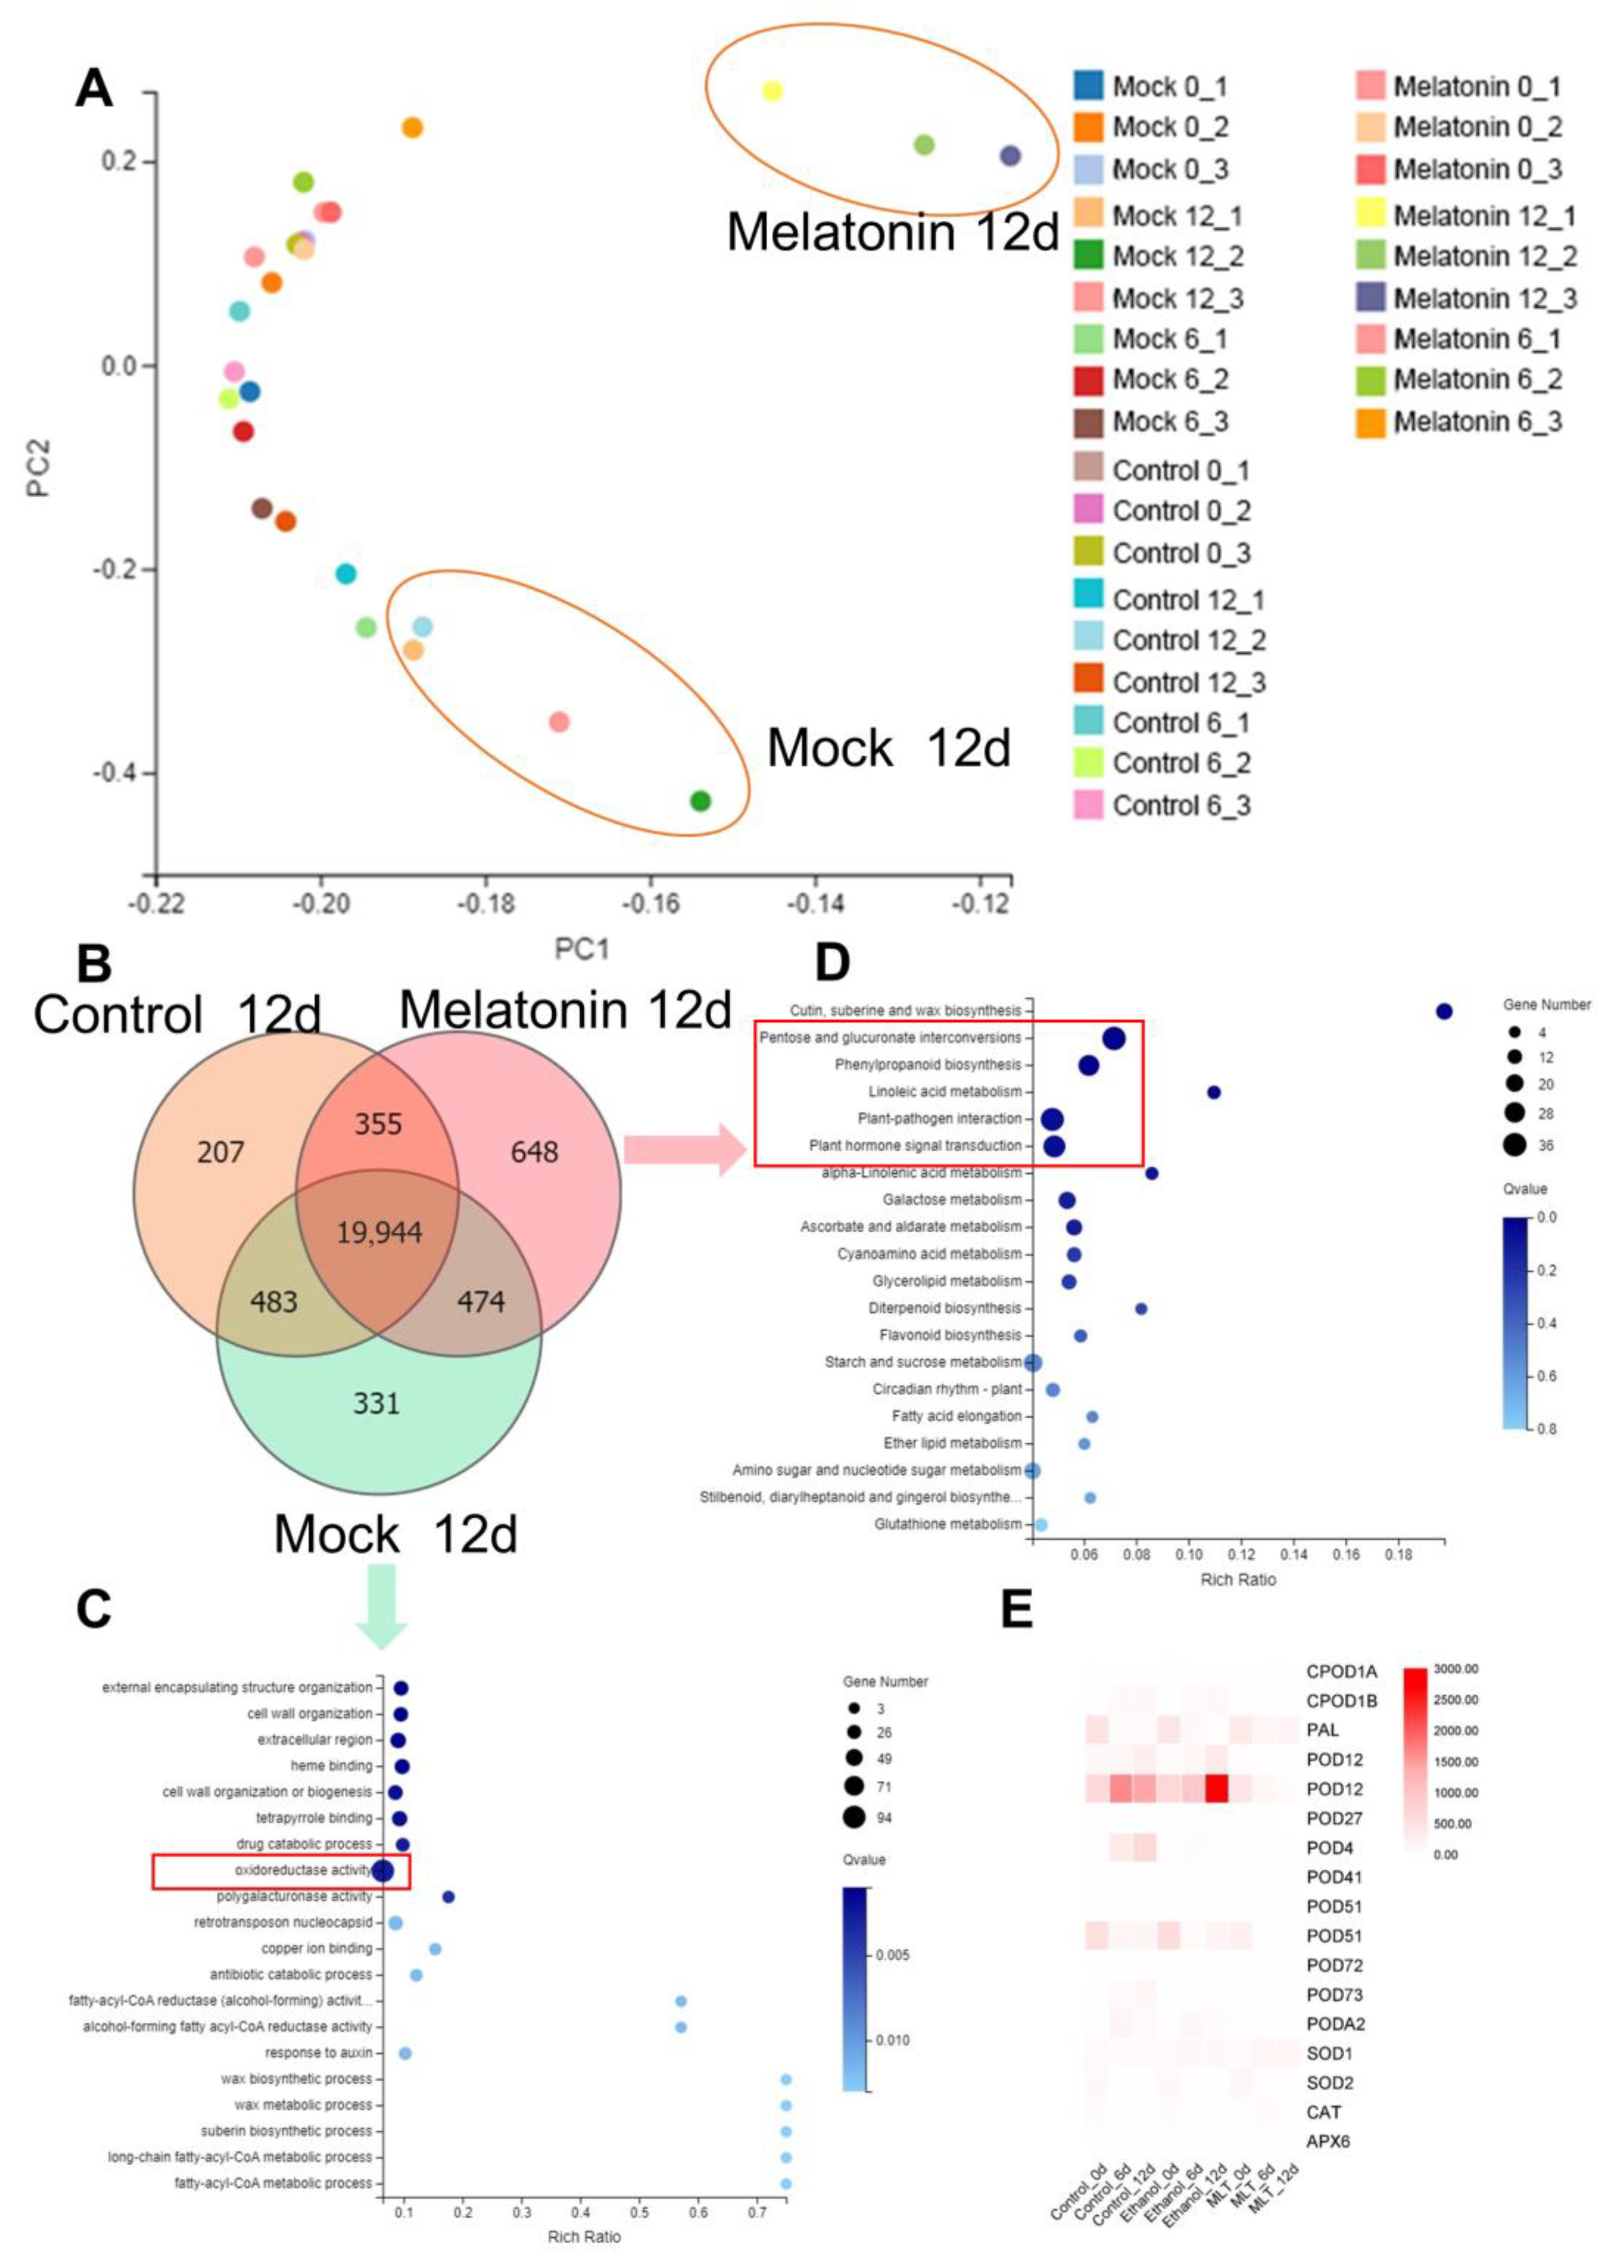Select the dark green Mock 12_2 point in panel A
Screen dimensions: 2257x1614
[701, 800]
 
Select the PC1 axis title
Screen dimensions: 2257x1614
[581, 949]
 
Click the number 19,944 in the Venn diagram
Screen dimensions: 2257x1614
[379, 1233]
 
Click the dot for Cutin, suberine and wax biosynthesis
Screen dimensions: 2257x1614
[1444, 1011]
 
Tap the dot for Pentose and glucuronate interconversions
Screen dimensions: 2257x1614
[1114, 1038]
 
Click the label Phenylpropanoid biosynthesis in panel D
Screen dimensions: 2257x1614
[927, 1065]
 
